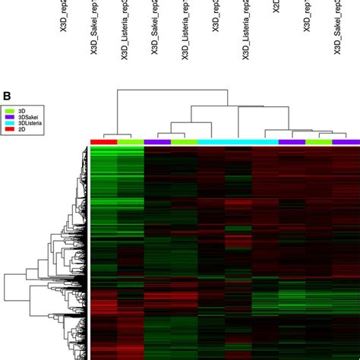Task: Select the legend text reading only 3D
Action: click(23, 112)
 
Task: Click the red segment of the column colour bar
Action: click(103, 142)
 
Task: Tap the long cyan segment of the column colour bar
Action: click(238, 142)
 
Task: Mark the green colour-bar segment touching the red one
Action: click(130, 142)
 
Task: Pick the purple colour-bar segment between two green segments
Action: click(157, 142)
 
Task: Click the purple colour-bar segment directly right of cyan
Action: click(292, 142)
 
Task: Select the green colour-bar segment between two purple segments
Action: click(318, 142)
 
